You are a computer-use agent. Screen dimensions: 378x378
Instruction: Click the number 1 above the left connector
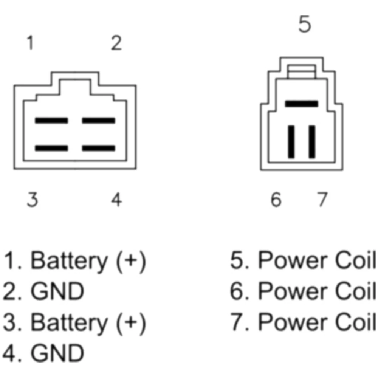coord(30,43)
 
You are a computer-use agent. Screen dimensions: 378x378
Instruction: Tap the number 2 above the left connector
coord(116,43)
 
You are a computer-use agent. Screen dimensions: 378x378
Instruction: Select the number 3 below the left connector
coord(32,199)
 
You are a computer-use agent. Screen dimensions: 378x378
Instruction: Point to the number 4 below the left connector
coord(116,199)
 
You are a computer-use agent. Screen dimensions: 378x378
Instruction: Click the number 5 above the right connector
coord(305,24)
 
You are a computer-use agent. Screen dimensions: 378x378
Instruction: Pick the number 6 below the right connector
coord(276,199)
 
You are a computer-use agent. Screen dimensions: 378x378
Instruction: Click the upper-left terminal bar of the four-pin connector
coord(51,121)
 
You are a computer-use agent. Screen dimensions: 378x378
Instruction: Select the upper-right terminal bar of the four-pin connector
coord(99,121)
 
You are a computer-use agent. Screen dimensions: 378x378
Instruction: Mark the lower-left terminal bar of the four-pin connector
coord(51,148)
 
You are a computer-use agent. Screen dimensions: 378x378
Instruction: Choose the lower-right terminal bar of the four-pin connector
coord(99,148)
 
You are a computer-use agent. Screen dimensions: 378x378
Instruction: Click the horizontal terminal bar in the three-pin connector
coord(302,104)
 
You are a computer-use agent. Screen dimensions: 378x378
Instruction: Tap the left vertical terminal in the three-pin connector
coord(291,142)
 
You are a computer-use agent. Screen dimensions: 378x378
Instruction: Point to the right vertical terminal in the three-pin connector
coord(312,142)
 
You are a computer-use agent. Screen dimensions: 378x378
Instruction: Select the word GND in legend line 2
coord(57,291)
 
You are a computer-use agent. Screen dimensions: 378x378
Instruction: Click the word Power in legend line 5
coord(293,260)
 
